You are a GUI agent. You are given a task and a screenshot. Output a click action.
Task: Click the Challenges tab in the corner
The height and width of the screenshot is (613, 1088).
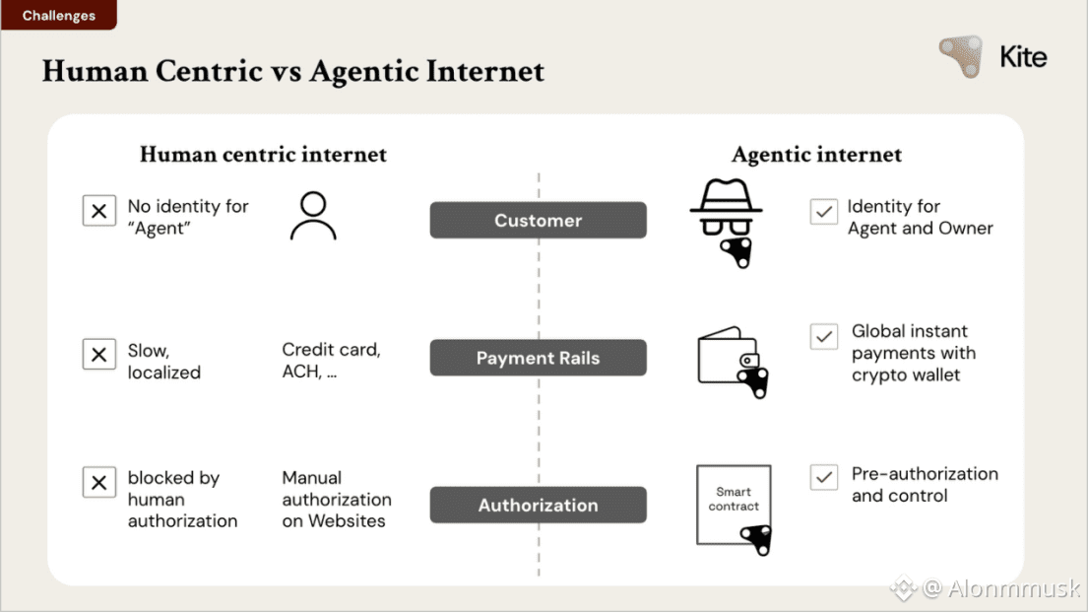click(x=58, y=15)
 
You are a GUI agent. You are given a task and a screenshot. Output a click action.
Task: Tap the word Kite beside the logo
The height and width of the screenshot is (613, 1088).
click(x=1023, y=57)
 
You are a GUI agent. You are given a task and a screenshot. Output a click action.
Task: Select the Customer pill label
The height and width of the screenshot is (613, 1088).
click(x=538, y=221)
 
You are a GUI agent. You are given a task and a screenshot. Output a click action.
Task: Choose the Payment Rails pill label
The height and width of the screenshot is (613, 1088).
click(x=538, y=358)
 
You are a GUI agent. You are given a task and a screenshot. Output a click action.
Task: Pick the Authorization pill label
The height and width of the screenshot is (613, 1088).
click(x=538, y=505)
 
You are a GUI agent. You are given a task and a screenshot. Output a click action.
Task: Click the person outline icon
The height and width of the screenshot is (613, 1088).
click(x=313, y=217)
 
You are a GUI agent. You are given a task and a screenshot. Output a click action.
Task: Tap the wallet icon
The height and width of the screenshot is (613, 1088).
click(x=732, y=360)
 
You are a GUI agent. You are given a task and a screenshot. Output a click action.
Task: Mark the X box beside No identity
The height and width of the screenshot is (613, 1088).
click(x=99, y=211)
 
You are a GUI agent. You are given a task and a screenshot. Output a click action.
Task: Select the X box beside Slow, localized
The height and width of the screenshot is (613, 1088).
click(x=99, y=355)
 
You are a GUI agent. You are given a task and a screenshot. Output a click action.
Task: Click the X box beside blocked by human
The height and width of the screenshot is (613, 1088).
click(x=99, y=482)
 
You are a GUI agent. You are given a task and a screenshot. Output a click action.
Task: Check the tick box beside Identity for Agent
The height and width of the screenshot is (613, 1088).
click(x=823, y=211)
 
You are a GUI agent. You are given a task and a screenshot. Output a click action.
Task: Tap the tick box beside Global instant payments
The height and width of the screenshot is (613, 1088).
click(x=823, y=336)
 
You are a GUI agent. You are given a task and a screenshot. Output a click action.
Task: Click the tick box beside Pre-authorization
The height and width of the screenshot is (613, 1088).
click(x=823, y=478)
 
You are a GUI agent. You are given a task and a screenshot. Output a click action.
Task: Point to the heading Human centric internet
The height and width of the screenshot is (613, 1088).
click(x=263, y=155)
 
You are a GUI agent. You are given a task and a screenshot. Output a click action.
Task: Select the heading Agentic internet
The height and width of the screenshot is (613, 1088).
click(x=816, y=155)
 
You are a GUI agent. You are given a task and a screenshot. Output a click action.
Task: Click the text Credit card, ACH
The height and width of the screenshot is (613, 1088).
click(x=331, y=361)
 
